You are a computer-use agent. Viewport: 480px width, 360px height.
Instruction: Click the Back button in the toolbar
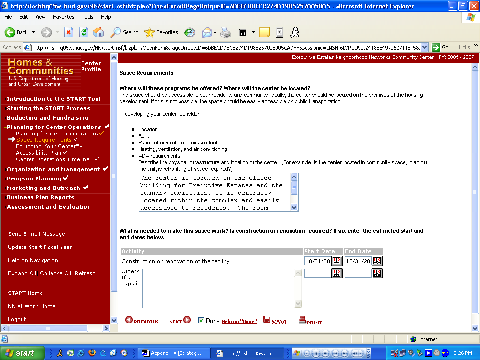16,32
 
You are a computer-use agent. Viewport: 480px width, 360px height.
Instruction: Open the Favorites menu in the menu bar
63,17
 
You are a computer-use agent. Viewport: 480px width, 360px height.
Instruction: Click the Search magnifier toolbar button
124,32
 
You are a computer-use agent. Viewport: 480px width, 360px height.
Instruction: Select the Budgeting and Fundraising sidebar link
48,118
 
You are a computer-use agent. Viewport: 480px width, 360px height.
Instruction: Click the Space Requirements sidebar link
44,140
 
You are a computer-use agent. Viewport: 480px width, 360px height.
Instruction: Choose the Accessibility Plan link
38,153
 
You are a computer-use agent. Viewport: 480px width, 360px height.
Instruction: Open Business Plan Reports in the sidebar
40,197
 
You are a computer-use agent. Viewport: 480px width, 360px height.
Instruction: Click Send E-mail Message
37,234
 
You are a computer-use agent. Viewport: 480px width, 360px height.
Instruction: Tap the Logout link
17,319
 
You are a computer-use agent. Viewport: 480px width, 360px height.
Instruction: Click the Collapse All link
55,273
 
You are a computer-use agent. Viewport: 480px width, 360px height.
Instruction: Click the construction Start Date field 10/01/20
317,261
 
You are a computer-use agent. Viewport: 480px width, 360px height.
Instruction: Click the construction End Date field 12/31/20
358,261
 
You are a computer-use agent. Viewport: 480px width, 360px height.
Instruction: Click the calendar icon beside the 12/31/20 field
377,261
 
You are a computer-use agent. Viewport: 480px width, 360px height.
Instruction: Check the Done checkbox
201,321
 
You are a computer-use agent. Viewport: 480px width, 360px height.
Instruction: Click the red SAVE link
276,321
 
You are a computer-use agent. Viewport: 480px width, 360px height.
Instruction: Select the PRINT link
310,321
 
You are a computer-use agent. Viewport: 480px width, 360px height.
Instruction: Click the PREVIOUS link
142,321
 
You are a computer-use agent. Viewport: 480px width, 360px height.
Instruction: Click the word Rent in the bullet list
143,136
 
